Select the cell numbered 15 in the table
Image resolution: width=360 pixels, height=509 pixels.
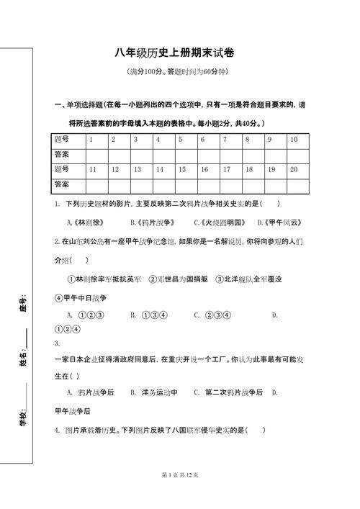click(182, 170)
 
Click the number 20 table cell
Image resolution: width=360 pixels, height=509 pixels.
click(294, 170)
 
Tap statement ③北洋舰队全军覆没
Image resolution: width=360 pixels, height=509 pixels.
click(251, 279)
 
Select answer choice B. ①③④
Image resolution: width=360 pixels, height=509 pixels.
click(149, 315)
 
